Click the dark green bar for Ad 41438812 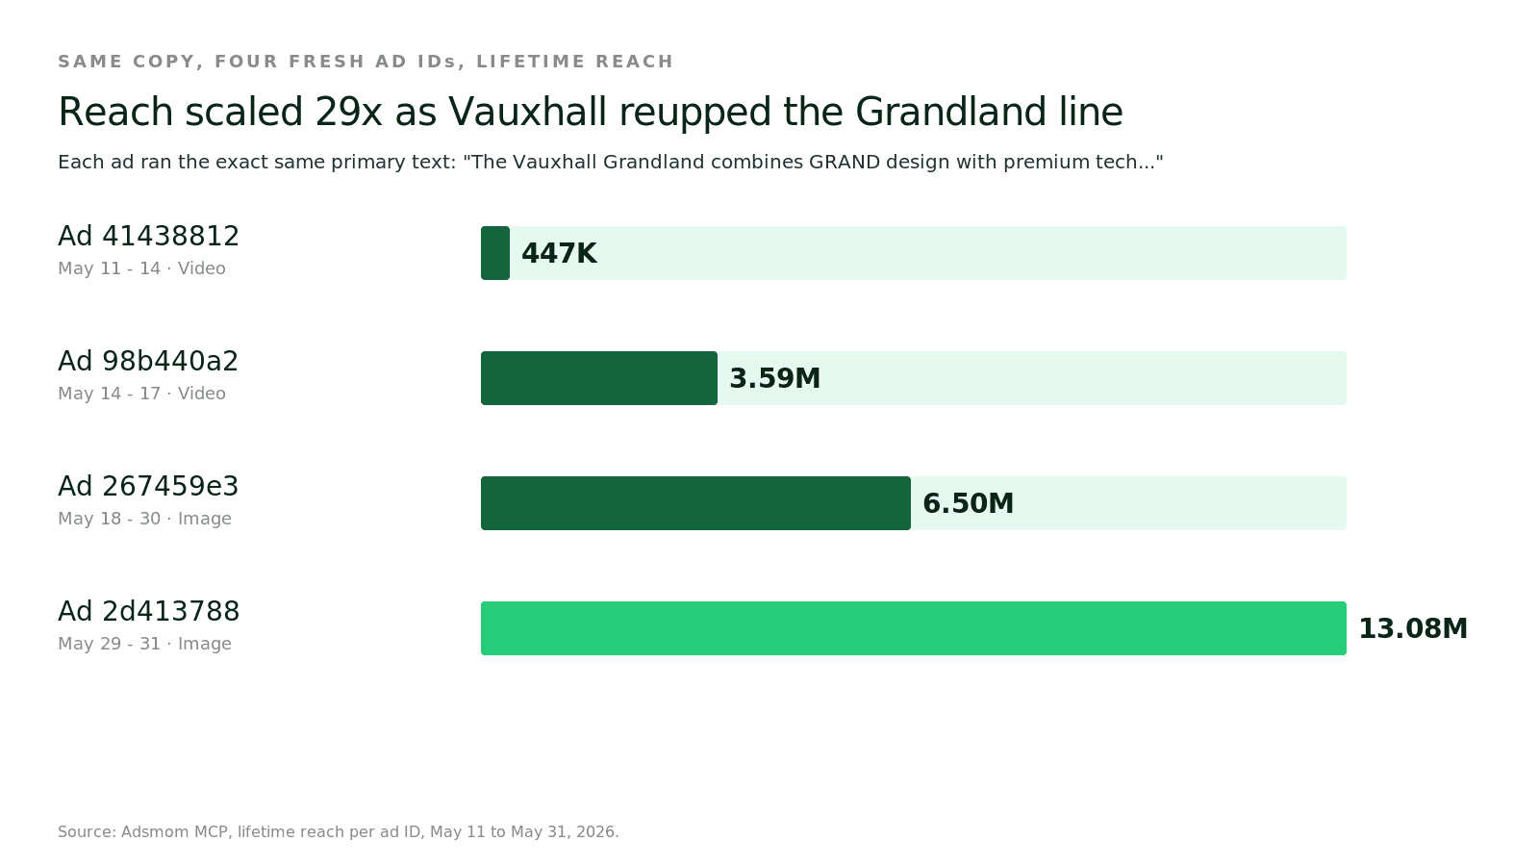point(494,253)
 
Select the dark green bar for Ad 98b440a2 point(599,378)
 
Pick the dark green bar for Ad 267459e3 point(696,503)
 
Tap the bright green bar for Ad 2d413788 point(914,628)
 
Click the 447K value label point(559,254)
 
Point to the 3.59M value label point(775,379)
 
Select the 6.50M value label point(968,504)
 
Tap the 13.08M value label point(1413,629)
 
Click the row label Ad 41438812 point(148,236)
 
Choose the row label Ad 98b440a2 point(148,361)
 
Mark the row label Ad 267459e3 point(148,486)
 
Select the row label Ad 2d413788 point(148,611)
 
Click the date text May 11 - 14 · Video point(141,268)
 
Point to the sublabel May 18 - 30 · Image point(144,519)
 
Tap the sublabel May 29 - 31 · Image point(144,644)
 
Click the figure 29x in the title point(348,112)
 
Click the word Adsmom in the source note point(155,831)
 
